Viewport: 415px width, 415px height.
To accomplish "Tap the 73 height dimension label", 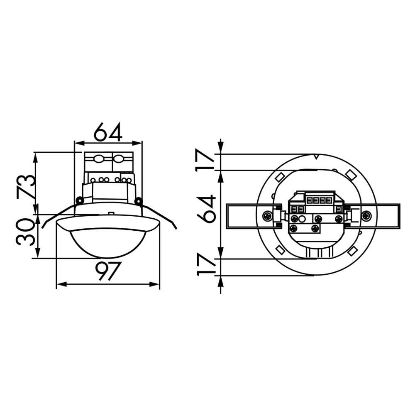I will (x=26, y=186).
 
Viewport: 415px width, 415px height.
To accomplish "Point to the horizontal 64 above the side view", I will (x=107, y=132).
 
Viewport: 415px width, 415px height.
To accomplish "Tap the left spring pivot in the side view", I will (x=79, y=200).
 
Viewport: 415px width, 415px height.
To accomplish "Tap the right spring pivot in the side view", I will (x=138, y=201).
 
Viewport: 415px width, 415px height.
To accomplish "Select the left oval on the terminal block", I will (x=99, y=159).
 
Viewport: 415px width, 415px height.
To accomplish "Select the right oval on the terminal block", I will (x=118, y=159).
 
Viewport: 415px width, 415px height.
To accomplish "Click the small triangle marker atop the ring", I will (x=316, y=157).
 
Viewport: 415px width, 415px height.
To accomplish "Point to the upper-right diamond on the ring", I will (x=351, y=175).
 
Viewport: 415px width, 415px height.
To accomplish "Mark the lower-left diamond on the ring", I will (x=279, y=250).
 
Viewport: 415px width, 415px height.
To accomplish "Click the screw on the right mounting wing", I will (x=366, y=216).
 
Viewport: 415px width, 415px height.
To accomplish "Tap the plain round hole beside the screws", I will (x=303, y=219).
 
